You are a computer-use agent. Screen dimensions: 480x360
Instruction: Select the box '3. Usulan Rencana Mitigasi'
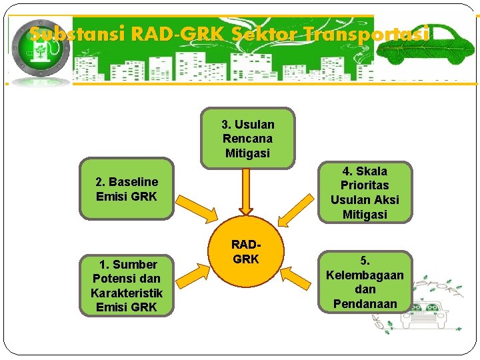[247, 138]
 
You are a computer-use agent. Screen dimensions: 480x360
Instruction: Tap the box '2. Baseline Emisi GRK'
[127, 189]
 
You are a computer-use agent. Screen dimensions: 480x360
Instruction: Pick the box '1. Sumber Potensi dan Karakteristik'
[126, 285]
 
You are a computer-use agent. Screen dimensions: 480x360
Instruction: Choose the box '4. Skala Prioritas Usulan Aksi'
[365, 193]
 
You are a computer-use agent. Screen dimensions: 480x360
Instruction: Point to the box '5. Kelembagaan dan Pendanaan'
[365, 282]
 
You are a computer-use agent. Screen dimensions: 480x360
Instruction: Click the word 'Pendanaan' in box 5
[365, 304]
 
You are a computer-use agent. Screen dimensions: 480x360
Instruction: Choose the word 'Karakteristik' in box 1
[126, 293]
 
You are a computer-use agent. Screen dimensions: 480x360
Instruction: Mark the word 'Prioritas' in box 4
[365, 185]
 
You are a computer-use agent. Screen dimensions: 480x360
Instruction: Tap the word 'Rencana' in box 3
[247, 139]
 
